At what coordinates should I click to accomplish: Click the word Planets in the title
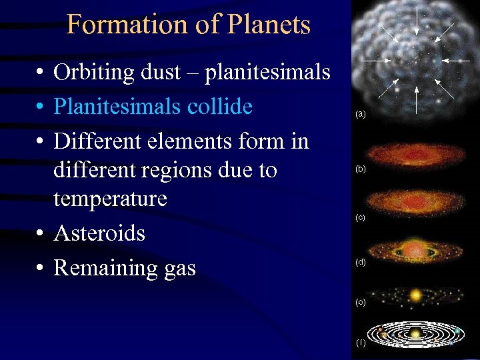270,25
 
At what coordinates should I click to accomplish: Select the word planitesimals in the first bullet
267,72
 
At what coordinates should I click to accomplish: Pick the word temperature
110,199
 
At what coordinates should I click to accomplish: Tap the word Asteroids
99,233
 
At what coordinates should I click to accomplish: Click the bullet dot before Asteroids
41,234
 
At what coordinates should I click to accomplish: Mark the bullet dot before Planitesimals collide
41,107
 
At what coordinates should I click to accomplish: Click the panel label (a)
361,115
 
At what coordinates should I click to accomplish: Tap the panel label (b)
361,170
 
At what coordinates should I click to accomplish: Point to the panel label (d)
361,262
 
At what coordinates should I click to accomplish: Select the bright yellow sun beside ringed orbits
416,294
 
